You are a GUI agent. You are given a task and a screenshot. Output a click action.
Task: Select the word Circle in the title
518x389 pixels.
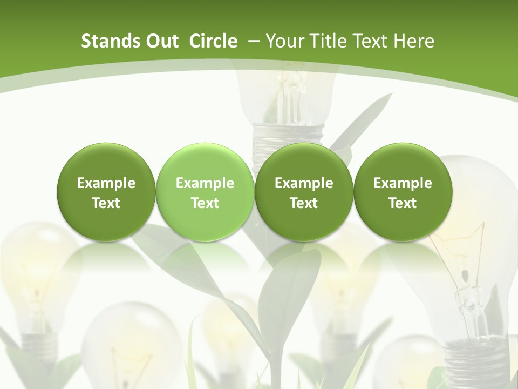click(213, 42)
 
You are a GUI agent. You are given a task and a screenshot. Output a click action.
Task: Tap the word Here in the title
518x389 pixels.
click(413, 42)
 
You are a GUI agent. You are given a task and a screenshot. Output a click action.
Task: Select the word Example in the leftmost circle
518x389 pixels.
click(106, 183)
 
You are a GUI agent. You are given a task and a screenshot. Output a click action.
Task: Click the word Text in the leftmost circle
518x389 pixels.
click(106, 203)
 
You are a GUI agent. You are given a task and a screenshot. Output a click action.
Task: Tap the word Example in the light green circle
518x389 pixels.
click(205, 183)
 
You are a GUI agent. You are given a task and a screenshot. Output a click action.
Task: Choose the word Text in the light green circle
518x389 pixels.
click(205, 203)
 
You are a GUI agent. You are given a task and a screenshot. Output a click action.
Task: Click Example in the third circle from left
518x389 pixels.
click(304, 183)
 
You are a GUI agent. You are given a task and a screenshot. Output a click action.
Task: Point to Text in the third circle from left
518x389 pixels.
click(304, 203)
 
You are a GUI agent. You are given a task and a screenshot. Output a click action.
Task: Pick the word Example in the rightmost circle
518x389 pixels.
click(403, 183)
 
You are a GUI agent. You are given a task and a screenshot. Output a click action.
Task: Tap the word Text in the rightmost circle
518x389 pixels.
click(403, 203)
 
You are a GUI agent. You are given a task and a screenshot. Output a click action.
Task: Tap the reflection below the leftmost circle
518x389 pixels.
click(106, 257)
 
